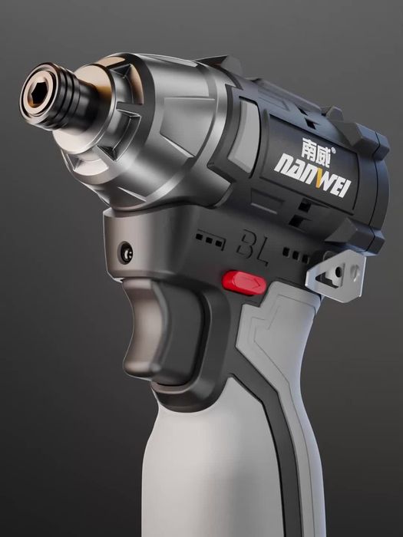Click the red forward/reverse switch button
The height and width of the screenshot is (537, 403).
tap(244, 282)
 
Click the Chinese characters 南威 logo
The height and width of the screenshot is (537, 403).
tap(315, 147)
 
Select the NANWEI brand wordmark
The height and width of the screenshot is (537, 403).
tap(312, 175)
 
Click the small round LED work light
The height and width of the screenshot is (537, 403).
tap(126, 252)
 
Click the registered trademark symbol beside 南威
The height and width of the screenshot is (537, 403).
tap(332, 150)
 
